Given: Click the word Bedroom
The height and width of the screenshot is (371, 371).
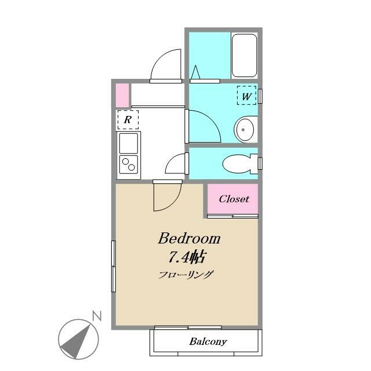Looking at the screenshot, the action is point(189,238).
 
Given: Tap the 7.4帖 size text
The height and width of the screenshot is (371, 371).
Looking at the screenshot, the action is point(187,257).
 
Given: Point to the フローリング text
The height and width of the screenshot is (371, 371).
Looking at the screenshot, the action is point(185,275).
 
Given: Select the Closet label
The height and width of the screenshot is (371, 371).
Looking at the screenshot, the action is point(234,199).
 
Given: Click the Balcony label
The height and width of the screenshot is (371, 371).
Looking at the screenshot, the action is point(208,341).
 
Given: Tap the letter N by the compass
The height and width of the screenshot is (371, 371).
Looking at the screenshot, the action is point(97,316).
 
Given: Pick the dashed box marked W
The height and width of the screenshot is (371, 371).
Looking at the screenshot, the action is point(246,95).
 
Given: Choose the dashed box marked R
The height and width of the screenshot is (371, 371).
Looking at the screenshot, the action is point(128,120).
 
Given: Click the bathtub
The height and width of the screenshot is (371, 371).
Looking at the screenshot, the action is point(244,56).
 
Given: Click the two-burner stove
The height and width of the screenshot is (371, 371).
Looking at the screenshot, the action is point(129,164).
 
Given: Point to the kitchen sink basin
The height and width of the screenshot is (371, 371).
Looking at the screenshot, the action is point(129,143).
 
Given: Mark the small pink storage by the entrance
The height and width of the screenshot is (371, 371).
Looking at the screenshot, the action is point(122,95).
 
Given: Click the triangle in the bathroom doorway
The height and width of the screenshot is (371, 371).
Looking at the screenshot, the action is point(195,72).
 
